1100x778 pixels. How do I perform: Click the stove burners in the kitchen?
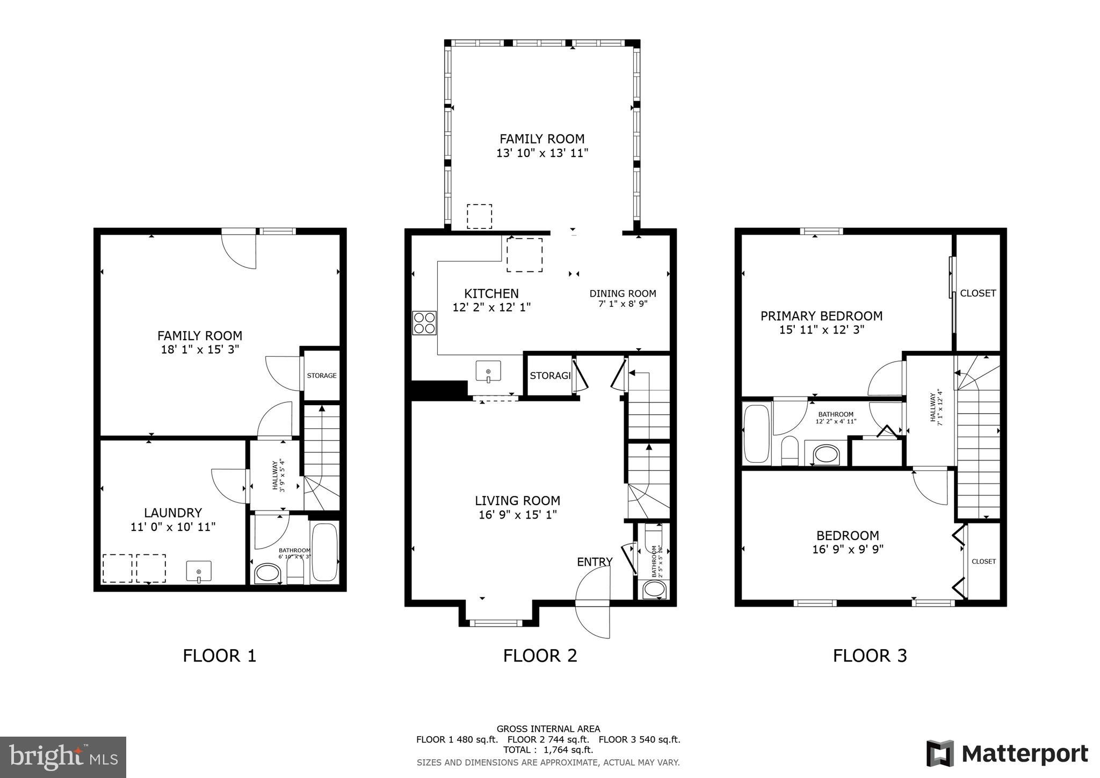pos(424,323)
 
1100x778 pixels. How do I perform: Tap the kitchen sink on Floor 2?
pos(488,371)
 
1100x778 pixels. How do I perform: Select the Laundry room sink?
pos(199,571)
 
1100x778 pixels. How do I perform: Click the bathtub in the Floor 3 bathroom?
pos(756,434)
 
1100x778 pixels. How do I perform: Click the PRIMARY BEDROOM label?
pos(821,316)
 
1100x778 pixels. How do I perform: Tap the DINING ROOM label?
pos(623,293)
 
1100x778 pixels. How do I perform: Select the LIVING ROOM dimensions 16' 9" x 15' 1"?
pos(517,515)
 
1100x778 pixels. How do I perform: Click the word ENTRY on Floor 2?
pos(595,561)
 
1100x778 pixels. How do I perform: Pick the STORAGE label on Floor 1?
pos(322,375)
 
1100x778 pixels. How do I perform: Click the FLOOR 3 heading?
pos(870,655)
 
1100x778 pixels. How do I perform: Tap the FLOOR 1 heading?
pos(219,655)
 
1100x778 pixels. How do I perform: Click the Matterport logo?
pos(1007,753)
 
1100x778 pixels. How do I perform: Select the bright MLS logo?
pos(63,758)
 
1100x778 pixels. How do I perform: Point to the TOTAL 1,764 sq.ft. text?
pos(548,750)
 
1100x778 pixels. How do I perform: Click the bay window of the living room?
pos(496,623)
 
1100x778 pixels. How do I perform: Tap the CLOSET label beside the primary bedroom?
pos(978,293)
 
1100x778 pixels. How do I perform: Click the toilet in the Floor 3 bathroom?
pos(790,451)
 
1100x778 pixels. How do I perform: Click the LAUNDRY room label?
pos(173,513)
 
